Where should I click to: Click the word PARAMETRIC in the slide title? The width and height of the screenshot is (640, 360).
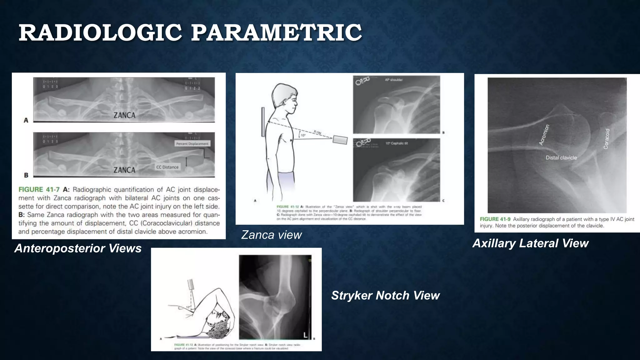coord(276,33)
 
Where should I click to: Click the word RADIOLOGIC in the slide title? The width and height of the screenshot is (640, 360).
coord(100,33)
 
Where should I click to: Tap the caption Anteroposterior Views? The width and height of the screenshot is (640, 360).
coord(78,248)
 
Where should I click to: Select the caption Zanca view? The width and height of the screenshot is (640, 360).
coord(271,235)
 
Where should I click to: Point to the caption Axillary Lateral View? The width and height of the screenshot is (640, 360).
coord(530,243)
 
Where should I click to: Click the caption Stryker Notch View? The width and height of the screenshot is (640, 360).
coord(385,296)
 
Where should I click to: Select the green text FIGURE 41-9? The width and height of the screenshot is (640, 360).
coord(495,219)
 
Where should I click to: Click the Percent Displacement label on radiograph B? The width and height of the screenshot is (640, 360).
coord(192,144)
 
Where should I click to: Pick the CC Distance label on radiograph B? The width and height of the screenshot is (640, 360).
coord(167,167)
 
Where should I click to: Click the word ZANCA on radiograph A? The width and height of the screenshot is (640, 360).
coord(124,115)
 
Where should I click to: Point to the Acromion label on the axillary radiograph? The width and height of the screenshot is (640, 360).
coord(544,135)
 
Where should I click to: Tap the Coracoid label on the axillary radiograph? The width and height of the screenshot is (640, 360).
coord(606,139)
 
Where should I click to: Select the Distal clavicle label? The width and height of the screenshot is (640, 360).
coord(561,158)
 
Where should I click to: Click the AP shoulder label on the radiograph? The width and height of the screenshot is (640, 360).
coord(394,80)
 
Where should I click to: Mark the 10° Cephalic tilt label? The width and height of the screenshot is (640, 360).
coord(397,143)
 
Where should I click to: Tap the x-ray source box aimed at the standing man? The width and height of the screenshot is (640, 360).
coord(340,140)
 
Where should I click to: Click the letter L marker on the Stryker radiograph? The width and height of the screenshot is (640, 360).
coord(305,335)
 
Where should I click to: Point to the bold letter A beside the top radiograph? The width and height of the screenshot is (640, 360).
coord(26,120)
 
